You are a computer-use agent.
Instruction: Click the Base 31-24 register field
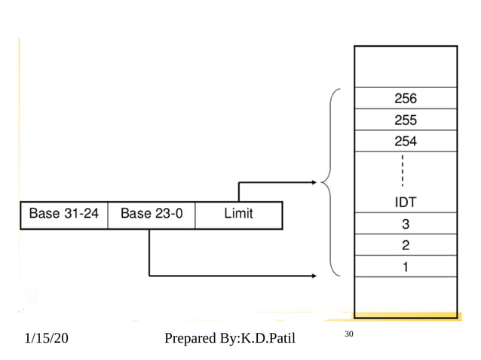[x=64, y=214]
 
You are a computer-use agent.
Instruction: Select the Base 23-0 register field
[x=152, y=214]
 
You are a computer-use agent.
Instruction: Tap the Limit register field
[x=238, y=214]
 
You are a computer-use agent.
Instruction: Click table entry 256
[x=406, y=99]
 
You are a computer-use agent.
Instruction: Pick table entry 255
[x=406, y=120]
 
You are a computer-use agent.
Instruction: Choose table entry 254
[x=406, y=141]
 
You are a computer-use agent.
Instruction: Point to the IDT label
[x=406, y=203]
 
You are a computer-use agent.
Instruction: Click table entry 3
[x=406, y=224]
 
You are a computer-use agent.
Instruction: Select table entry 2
[x=406, y=245]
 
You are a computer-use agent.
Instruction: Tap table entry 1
[x=406, y=266]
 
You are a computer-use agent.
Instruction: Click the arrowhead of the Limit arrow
[x=314, y=182]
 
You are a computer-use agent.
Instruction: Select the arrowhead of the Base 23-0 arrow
[x=314, y=276]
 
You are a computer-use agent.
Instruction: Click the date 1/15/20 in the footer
[x=46, y=340]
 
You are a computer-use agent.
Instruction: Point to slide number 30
[x=348, y=334]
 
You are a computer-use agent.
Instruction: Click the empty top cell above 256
[x=406, y=67]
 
